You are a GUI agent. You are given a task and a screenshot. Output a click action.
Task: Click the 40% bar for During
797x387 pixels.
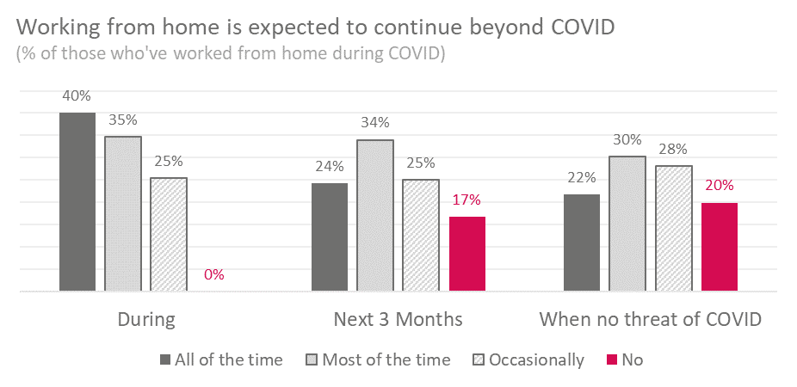click(x=77, y=201)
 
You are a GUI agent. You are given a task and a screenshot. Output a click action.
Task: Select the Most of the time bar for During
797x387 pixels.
click(x=123, y=213)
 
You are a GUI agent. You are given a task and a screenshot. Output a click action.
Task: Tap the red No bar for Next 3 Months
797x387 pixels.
click(x=467, y=254)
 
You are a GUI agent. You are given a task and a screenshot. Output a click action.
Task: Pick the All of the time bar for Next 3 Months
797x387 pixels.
click(x=330, y=237)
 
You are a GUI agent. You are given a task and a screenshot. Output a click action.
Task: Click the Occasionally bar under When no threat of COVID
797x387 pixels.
click(x=673, y=228)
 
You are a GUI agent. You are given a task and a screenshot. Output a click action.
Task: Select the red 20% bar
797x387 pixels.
click(x=720, y=247)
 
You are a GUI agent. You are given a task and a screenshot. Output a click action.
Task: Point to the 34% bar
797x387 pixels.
click(x=375, y=215)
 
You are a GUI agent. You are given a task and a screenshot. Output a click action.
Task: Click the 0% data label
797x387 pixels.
click(x=214, y=274)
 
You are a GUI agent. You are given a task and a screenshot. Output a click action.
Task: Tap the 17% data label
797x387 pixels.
click(x=466, y=200)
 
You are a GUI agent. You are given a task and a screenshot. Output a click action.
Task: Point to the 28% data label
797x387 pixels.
click(x=673, y=150)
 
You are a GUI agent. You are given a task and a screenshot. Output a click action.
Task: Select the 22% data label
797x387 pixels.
click(x=582, y=178)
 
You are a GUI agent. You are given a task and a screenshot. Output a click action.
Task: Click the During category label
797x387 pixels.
click(x=146, y=319)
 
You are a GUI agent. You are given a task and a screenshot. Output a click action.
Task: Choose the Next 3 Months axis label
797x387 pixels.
click(x=398, y=319)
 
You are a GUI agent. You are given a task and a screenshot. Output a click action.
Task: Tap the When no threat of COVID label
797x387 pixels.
click(x=651, y=319)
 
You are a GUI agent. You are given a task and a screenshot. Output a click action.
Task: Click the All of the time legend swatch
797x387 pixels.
click(x=164, y=360)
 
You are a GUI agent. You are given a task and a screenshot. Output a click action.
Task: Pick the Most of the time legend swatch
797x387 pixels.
click(x=312, y=360)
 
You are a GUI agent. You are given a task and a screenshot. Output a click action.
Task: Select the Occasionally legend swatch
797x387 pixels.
click(x=479, y=360)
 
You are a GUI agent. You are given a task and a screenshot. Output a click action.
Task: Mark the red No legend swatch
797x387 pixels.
click(x=613, y=360)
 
